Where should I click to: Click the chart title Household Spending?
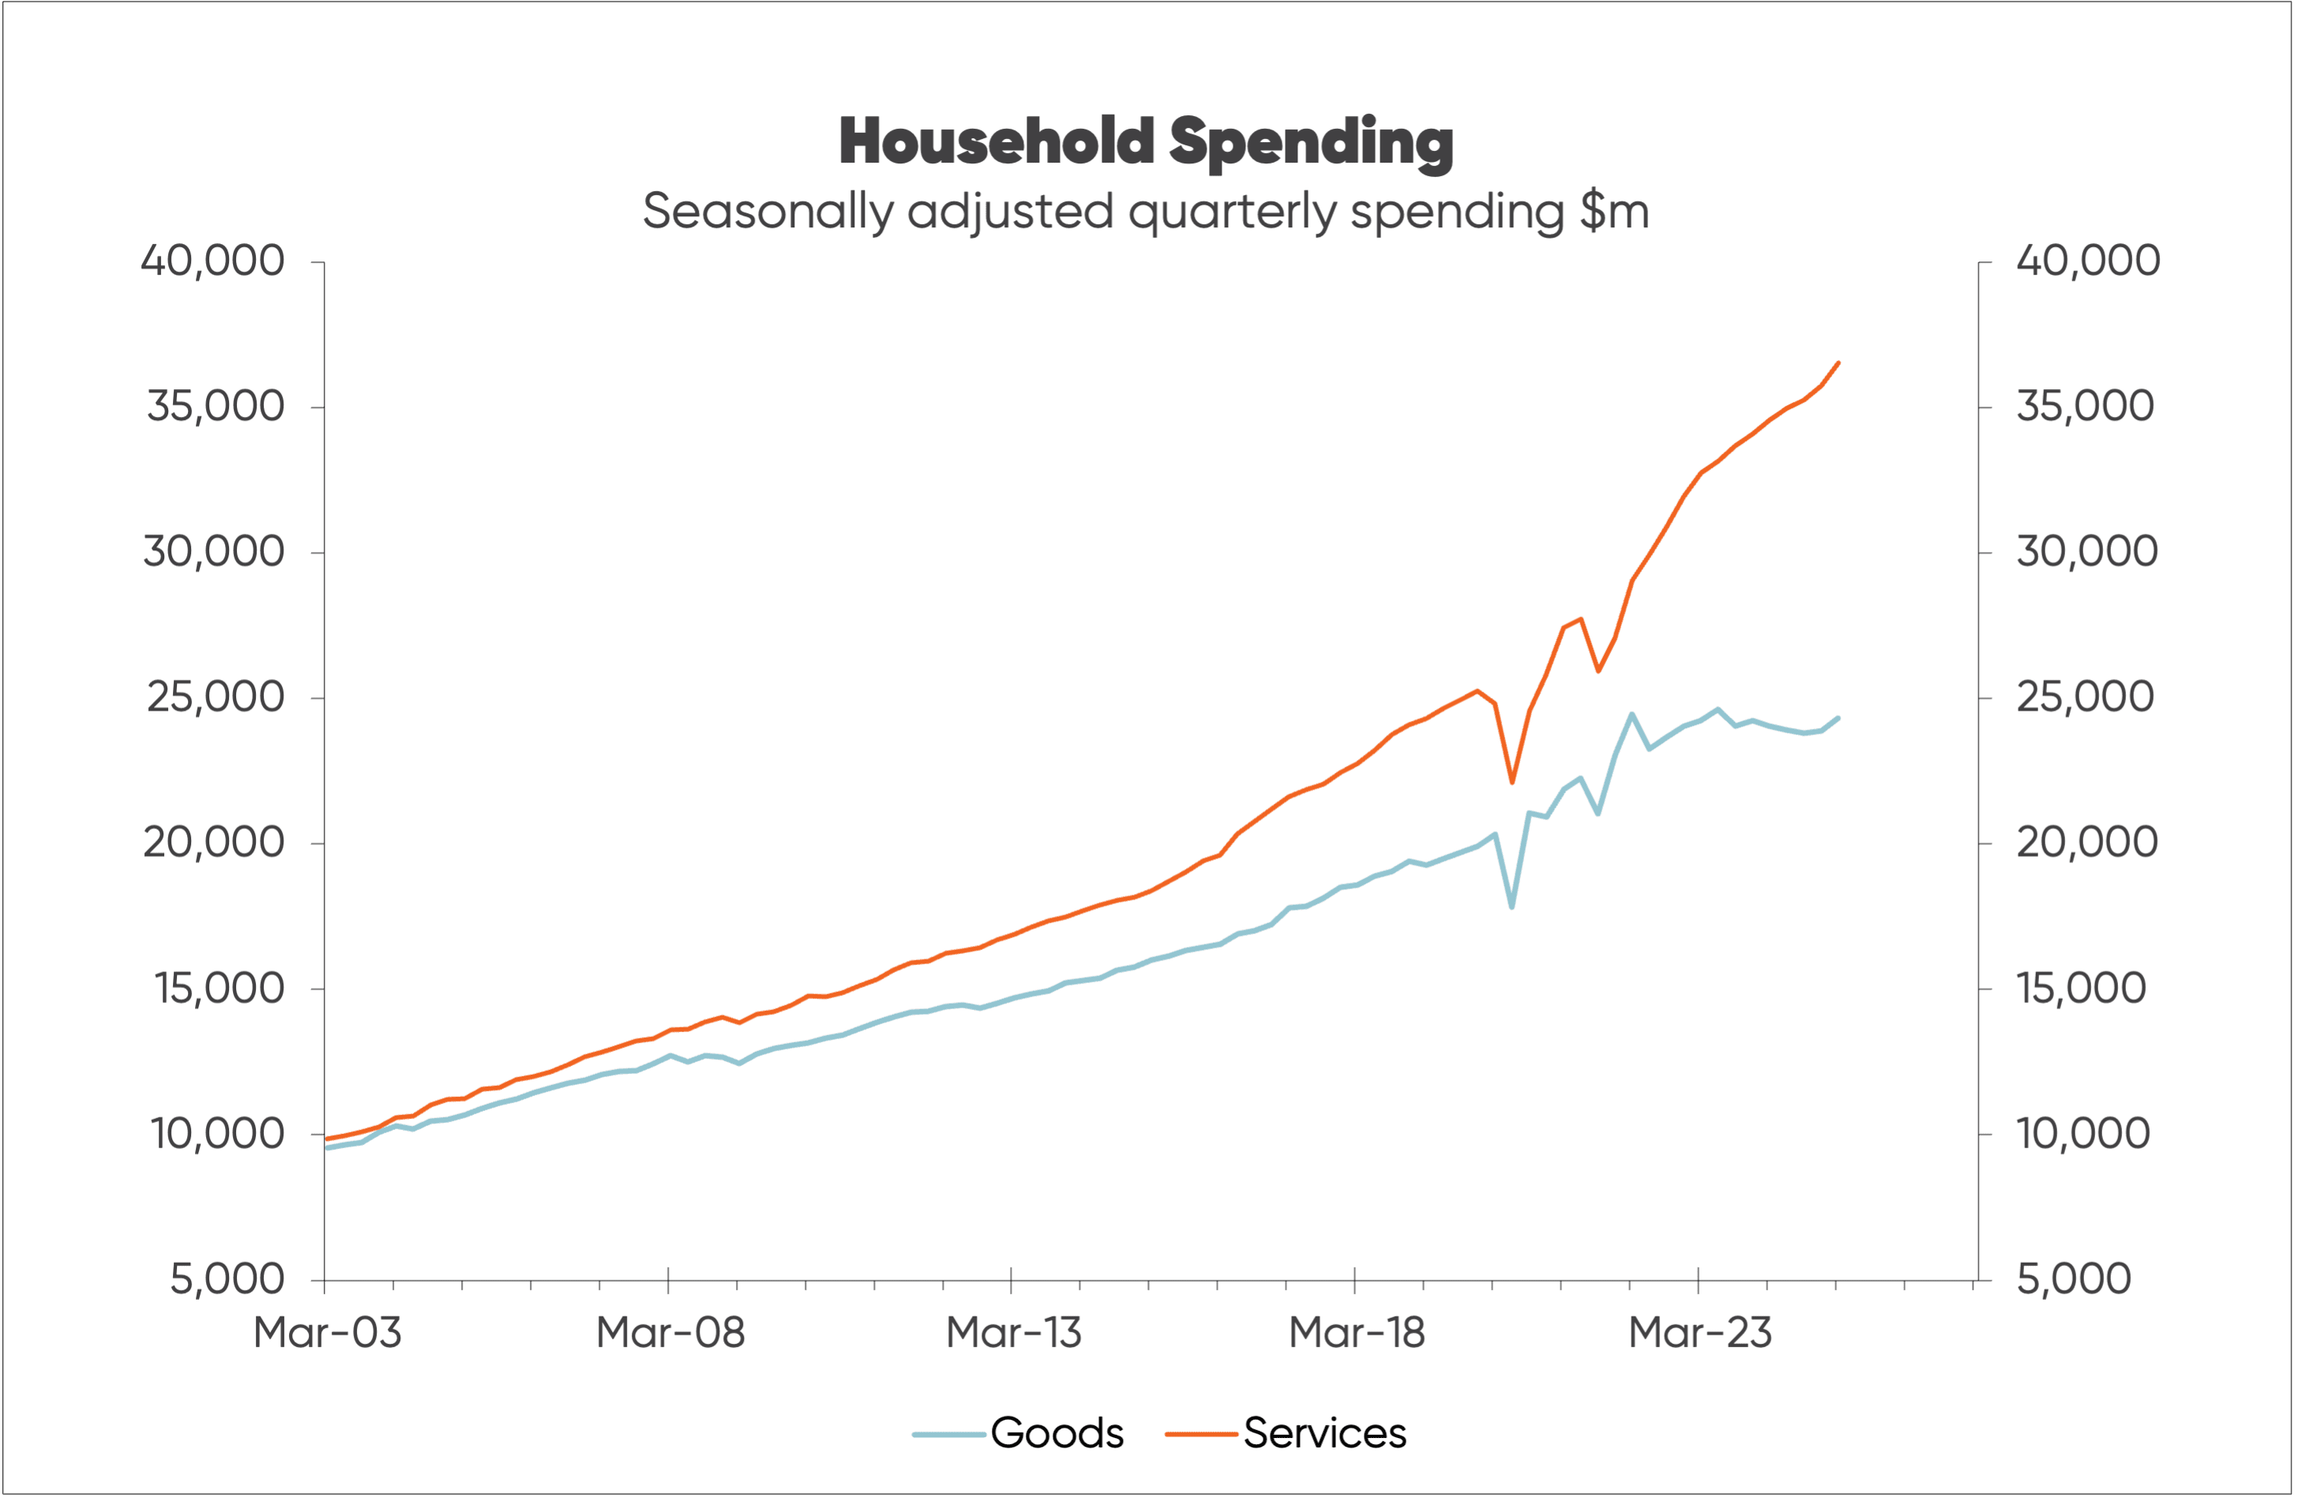pyautogui.click(x=1146, y=142)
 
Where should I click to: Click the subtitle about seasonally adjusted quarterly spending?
pyautogui.click(x=1146, y=212)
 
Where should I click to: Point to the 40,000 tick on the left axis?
pyautogui.click(x=212, y=261)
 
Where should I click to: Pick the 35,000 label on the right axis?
pyautogui.click(x=2085, y=407)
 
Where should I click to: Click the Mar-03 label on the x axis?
pyautogui.click(x=326, y=1333)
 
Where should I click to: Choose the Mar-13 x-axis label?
pyautogui.click(x=1013, y=1333)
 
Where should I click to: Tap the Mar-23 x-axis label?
pyautogui.click(x=1699, y=1333)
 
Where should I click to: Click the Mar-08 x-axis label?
pyautogui.click(x=670, y=1333)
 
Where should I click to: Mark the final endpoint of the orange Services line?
pyautogui.click(x=1838, y=363)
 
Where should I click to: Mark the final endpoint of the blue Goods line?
pyautogui.click(x=1838, y=718)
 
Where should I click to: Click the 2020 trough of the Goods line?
pyautogui.click(x=1512, y=907)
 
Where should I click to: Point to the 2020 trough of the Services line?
pyautogui.click(x=1512, y=781)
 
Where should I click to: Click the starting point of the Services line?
pyautogui.click(x=326, y=1139)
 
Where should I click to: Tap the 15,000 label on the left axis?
pyautogui.click(x=220, y=988)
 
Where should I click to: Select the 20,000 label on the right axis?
pyautogui.click(x=2086, y=843)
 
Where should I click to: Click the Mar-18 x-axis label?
pyautogui.click(x=1357, y=1333)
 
